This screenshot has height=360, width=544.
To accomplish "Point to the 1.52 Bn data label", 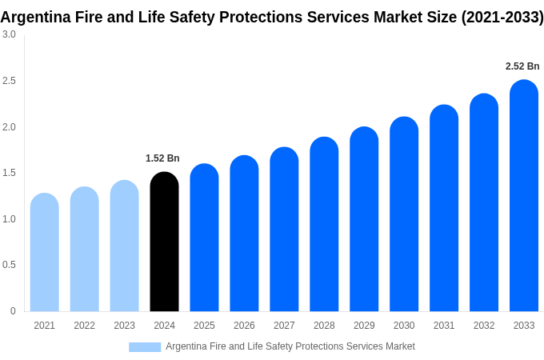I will click(x=162, y=158).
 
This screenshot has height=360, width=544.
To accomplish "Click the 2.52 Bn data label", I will click(x=522, y=66).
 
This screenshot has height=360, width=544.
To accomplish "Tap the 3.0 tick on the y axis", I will click(x=9, y=34).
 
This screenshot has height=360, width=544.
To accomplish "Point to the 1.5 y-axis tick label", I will click(x=9, y=173).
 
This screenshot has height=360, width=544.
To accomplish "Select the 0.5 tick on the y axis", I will click(x=9, y=265).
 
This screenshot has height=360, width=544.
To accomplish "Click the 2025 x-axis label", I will click(x=204, y=326).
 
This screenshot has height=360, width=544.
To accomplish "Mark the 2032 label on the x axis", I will click(x=484, y=326).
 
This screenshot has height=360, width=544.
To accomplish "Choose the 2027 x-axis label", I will click(x=284, y=326).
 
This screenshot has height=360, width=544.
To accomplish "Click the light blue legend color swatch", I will click(x=145, y=347).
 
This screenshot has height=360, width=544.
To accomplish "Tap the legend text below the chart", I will click(x=290, y=346).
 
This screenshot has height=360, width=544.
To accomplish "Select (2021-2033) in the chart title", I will click(x=502, y=17).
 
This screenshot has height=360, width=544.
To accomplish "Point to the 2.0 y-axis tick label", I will click(x=9, y=127).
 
